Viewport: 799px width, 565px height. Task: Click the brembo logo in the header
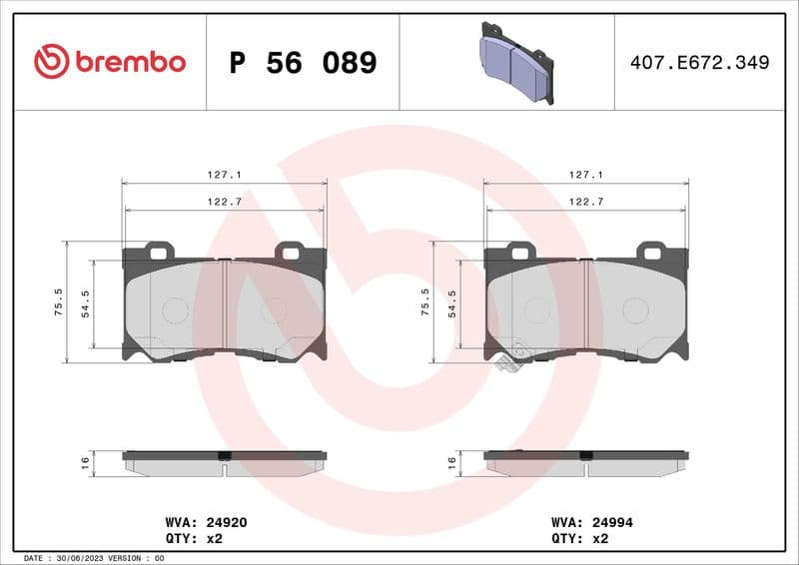point(109,62)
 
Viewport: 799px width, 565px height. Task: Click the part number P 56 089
point(303,63)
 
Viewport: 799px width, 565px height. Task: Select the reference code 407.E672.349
point(700,63)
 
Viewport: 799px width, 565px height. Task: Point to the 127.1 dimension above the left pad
point(225,175)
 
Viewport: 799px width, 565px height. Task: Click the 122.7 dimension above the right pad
point(586,202)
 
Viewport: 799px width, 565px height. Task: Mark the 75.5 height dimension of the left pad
point(59,300)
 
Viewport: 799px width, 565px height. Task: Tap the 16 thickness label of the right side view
point(450,461)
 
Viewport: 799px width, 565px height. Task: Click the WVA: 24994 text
point(591,522)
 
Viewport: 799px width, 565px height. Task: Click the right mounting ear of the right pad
point(655,251)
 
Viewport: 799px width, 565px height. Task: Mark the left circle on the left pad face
point(175,310)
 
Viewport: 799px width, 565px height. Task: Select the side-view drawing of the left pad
point(225,461)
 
